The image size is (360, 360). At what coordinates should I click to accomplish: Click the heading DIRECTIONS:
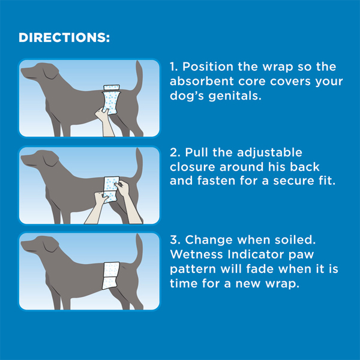[x=64, y=38]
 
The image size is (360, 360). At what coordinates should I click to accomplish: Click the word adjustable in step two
[x=274, y=153]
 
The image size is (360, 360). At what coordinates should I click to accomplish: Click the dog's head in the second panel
[x=36, y=159]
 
